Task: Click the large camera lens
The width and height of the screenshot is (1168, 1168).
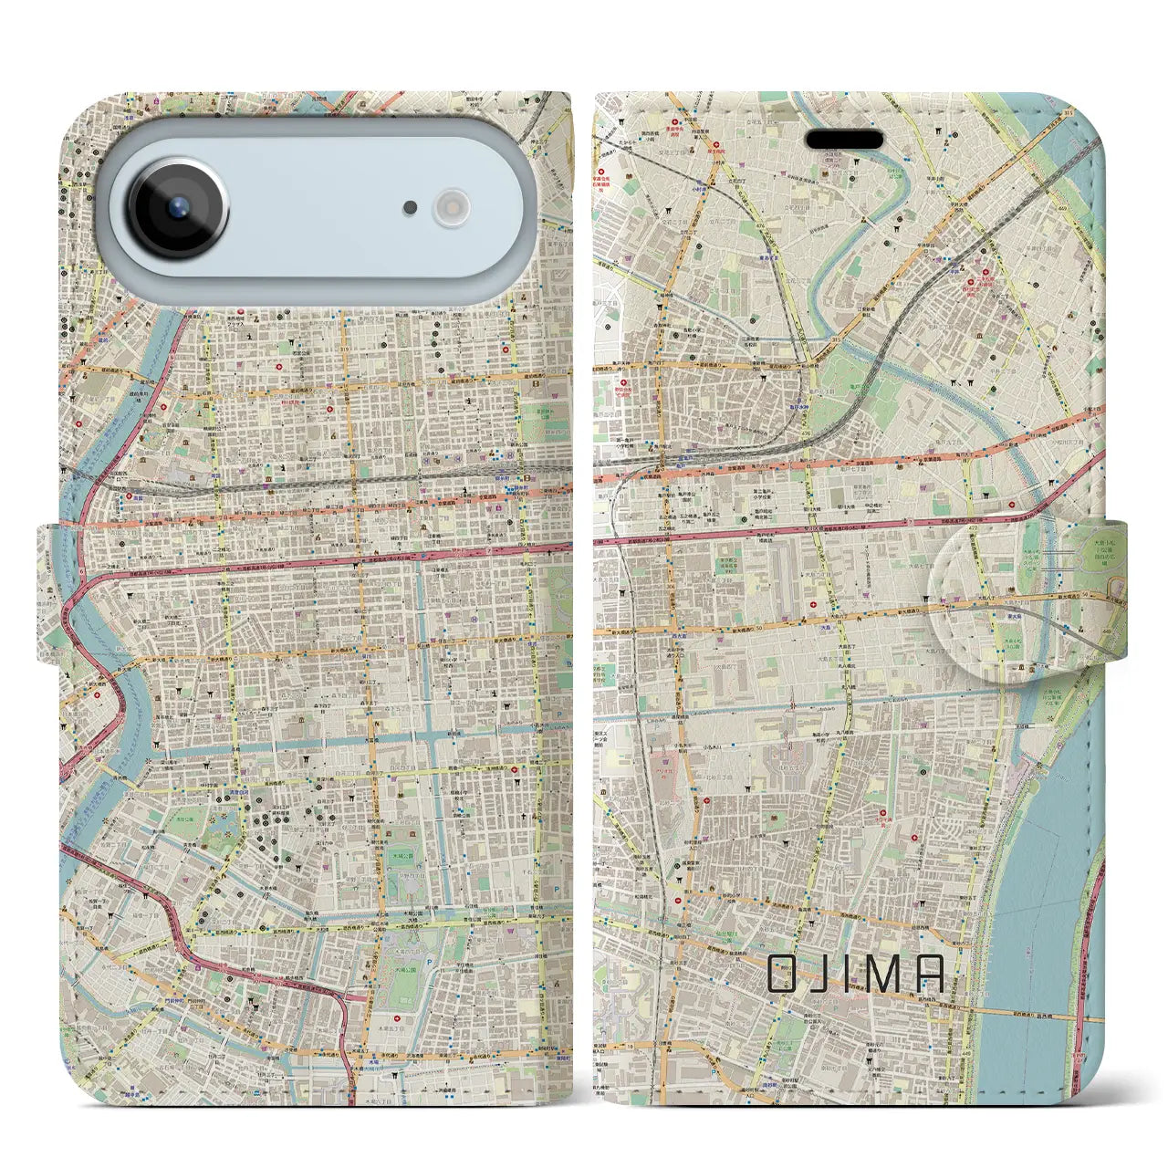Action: (x=178, y=206)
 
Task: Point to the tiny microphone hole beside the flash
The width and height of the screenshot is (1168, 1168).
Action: (x=412, y=208)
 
